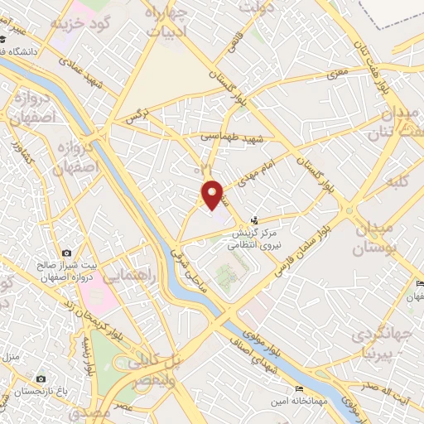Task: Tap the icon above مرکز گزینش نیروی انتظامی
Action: pos(256,221)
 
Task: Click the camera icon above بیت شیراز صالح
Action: pos(66,252)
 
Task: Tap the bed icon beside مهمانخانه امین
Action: pos(299,388)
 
